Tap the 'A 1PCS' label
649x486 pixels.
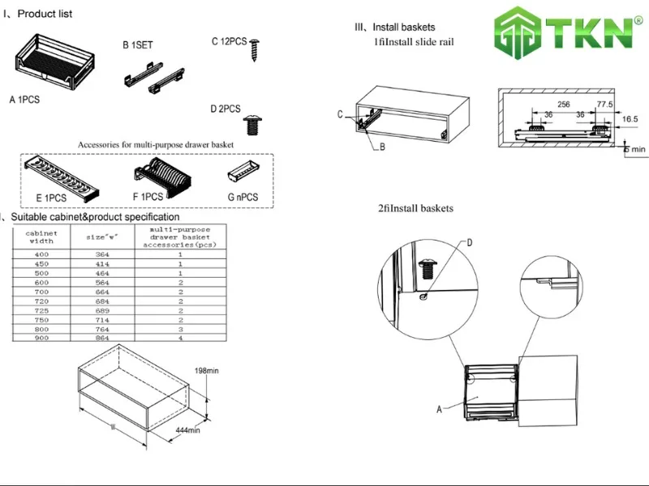[24, 100]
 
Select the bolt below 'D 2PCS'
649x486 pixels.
[252, 125]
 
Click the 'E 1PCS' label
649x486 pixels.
[51, 198]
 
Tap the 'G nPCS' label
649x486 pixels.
[242, 198]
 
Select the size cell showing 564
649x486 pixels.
[102, 282]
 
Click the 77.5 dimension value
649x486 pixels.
[604, 104]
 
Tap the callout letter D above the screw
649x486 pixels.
[469, 242]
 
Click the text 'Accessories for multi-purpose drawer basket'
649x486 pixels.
[156, 144]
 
